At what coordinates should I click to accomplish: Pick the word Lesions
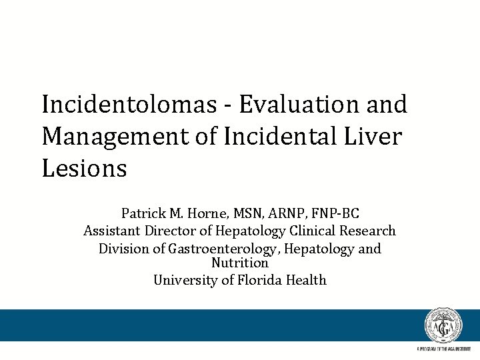click(x=84, y=169)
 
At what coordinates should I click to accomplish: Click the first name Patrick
click(x=143, y=214)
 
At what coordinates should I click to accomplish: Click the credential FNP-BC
click(x=337, y=214)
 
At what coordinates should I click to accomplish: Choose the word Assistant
click(x=111, y=231)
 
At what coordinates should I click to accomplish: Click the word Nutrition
click(x=240, y=263)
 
